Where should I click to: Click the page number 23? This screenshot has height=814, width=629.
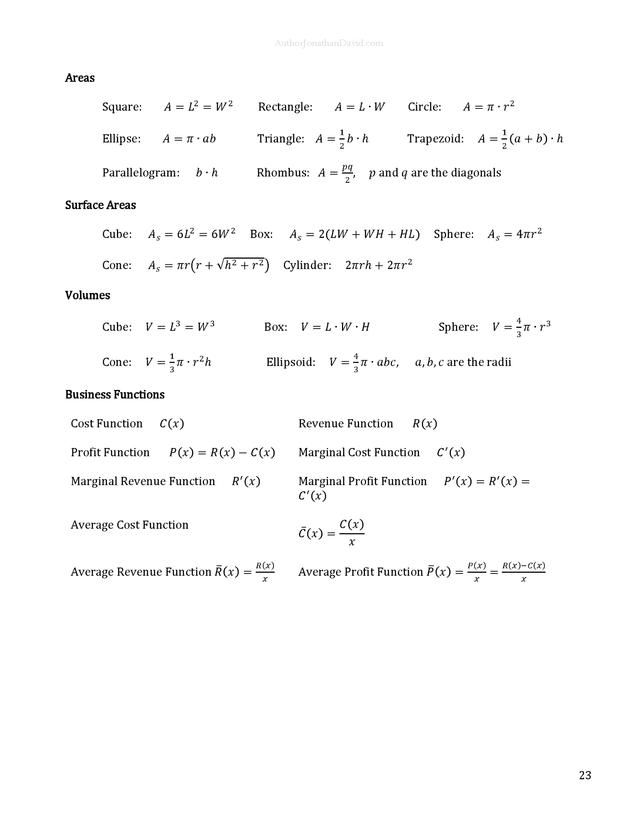click(x=585, y=775)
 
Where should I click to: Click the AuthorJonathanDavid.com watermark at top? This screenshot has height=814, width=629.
click(x=329, y=43)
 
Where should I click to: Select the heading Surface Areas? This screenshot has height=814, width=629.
click(x=101, y=205)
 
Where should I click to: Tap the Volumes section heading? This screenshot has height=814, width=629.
click(x=87, y=295)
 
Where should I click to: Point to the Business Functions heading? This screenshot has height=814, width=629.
click(x=115, y=395)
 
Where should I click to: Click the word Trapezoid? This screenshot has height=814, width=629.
click(x=435, y=139)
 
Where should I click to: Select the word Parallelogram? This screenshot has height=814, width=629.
click(x=140, y=173)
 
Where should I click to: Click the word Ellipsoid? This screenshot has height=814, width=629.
click(x=290, y=362)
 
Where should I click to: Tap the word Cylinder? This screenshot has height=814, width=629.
click(x=307, y=265)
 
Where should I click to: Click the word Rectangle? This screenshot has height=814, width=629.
click(x=285, y=107)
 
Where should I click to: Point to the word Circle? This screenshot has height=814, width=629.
click(x=424, y=107)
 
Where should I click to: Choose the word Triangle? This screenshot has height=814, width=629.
click(x=280, y=139)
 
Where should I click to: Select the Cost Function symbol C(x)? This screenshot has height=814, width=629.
click(x=172, y=424)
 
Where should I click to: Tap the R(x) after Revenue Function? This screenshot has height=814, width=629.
click(x=425, y=424)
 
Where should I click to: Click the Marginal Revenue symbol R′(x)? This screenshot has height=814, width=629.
click(x=246, y=481)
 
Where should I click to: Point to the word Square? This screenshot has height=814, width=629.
click(x=121, y=107)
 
